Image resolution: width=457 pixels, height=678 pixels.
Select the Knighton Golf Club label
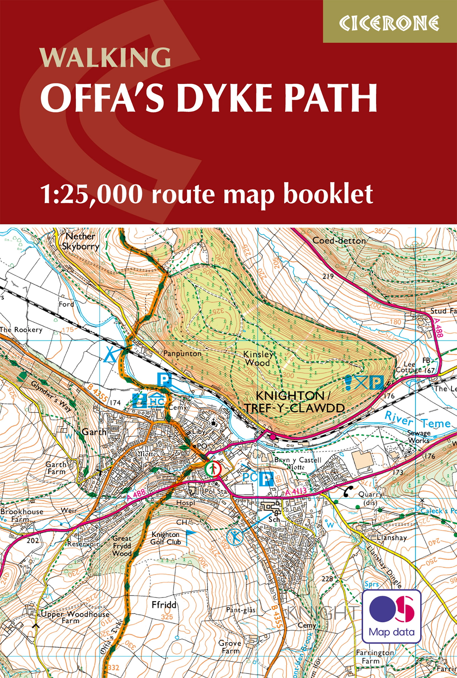(166, 538)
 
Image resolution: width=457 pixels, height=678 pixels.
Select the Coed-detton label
(339, 241)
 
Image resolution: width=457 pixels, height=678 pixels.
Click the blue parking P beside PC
(266, 479)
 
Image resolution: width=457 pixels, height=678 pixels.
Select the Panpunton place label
(182, 353)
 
